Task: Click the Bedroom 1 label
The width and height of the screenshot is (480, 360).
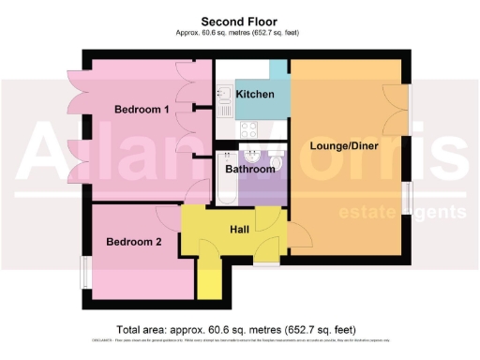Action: tap(142, 110)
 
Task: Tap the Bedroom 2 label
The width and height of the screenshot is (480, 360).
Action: tap(133, 242)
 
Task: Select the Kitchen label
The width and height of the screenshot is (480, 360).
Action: tap(255, 95)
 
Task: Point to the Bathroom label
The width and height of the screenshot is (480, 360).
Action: tap(249, 170)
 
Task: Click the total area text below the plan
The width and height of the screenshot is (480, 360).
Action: tap(240, 329)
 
